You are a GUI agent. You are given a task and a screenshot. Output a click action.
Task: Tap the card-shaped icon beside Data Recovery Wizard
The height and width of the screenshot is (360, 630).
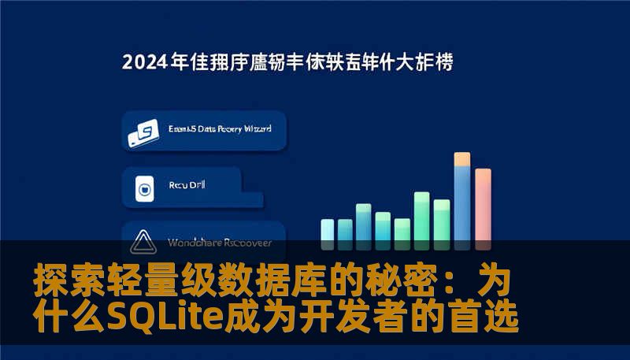click(143, 135)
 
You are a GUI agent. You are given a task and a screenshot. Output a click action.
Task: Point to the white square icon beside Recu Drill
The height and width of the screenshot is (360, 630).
click(144, 189)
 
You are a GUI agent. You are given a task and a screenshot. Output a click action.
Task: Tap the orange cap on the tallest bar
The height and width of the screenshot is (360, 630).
click(462, 159)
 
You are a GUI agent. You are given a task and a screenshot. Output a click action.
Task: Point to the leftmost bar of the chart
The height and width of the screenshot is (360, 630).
click(328, 229)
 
